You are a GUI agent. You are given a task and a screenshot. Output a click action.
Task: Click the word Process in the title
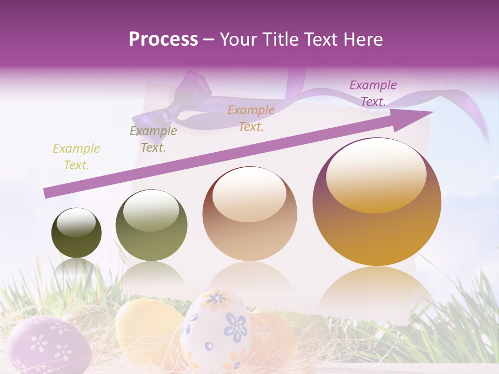click(163, 39)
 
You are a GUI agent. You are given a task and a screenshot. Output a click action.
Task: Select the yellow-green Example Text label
click(76, 157)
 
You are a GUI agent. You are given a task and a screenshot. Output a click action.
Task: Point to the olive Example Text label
click(153, 139)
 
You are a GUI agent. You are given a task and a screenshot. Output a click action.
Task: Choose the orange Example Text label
click(251, 118)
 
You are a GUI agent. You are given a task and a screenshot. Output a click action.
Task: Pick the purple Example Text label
click(373, 94)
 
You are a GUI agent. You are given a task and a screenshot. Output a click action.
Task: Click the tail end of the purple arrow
click(48, 193)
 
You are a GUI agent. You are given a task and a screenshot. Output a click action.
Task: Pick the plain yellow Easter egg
click(146, 327)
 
